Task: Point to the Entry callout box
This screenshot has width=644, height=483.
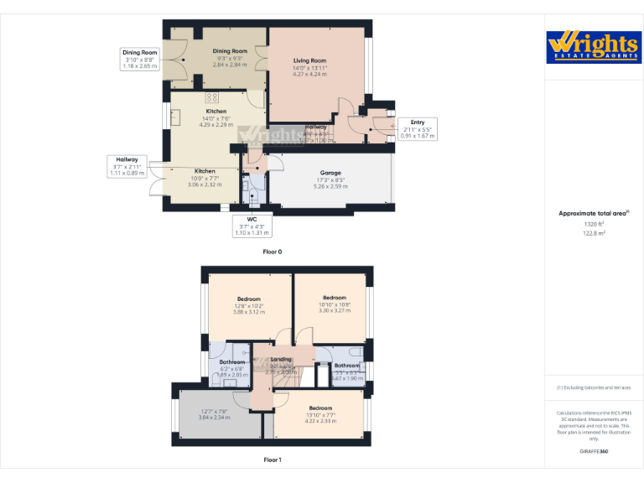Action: [x=417, y=128]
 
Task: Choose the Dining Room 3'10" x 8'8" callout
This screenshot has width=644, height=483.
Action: [x=140, y=59]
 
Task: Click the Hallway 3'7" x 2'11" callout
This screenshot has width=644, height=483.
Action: [x=127, y=166]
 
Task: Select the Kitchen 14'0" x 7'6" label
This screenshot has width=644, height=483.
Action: [x=216, y=118]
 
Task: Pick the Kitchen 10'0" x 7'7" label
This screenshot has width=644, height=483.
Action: [x=205, y=178]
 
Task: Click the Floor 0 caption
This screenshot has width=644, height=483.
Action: [x=273, y=252]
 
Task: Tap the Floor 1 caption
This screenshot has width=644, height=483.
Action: [x=273, y=460]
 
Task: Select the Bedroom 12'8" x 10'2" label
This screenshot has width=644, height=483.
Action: [x=249, y=304]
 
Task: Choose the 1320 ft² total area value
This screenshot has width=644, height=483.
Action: [x=594, y=224]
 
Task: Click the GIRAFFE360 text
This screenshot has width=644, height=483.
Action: [x=594, y=452]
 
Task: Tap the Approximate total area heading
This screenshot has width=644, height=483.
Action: [x=594, y=214]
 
